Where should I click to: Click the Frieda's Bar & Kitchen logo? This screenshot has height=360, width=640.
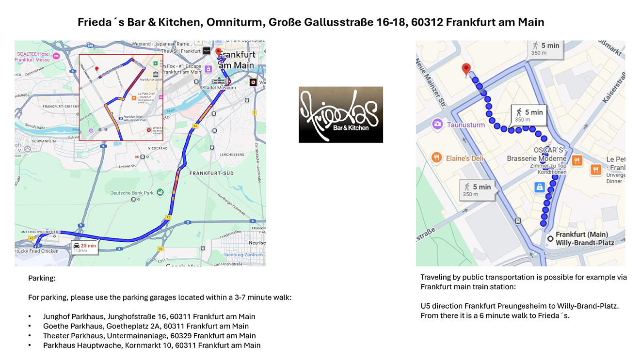[x=340, y=115]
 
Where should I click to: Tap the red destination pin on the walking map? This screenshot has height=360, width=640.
[x=466, y=69]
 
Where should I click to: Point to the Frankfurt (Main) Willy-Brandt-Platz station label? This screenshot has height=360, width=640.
[x=585, y=238]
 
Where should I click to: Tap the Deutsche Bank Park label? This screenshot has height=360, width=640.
[x=132, y=193]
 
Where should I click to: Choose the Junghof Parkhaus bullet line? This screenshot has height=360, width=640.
[x=149, y=316]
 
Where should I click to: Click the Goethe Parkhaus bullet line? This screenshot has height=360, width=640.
[x=145, y=326]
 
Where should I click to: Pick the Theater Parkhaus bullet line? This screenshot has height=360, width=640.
[x=149, y=336]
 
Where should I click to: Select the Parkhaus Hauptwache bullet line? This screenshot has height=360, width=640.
[x=151, y=345]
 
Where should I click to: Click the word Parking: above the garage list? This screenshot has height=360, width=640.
[x=42, y=279]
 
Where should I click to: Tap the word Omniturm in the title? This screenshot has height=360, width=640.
[x=245, y=22]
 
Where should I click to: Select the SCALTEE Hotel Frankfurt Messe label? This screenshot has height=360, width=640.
[x=34, y=56]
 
